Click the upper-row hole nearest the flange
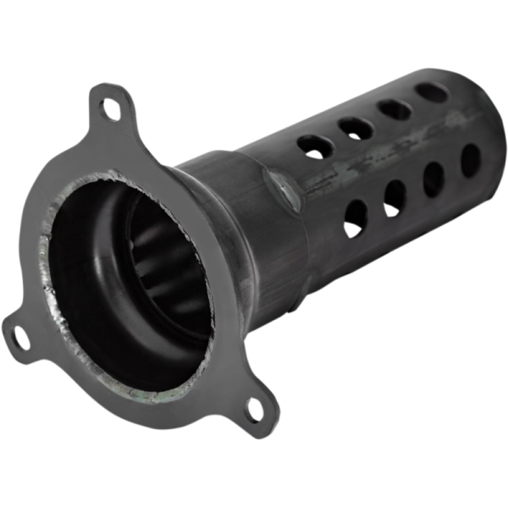click(x=315, y=146)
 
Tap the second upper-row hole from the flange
click(x=356, y=128)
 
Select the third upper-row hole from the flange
click(x=395, y=109)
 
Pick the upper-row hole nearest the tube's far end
click(x=432, y=92)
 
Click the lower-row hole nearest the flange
click(x=356, y=218)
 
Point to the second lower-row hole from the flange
click(x=395, y=197)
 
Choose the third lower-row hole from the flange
click(x=433, y=179)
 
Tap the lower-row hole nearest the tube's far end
click(x=470, y=161)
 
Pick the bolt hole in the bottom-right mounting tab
click(x=254, y=410)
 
